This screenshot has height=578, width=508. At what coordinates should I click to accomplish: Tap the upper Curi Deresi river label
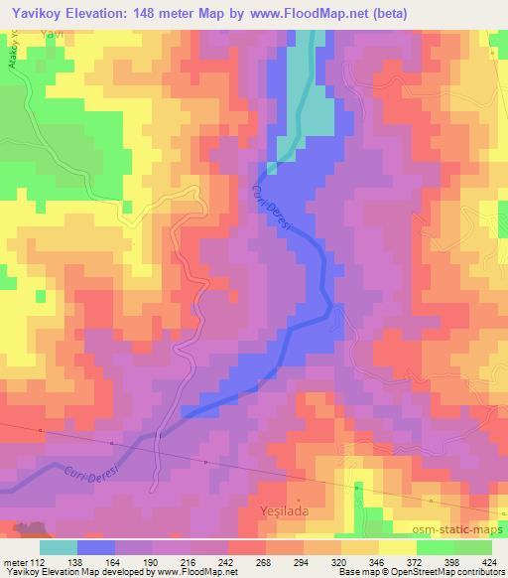point(272,210)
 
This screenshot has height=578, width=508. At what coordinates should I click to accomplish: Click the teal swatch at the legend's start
point(59,547)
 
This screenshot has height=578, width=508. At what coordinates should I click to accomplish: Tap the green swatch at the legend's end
point(466,547)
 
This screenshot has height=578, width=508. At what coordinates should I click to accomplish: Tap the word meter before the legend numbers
point(19,561)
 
